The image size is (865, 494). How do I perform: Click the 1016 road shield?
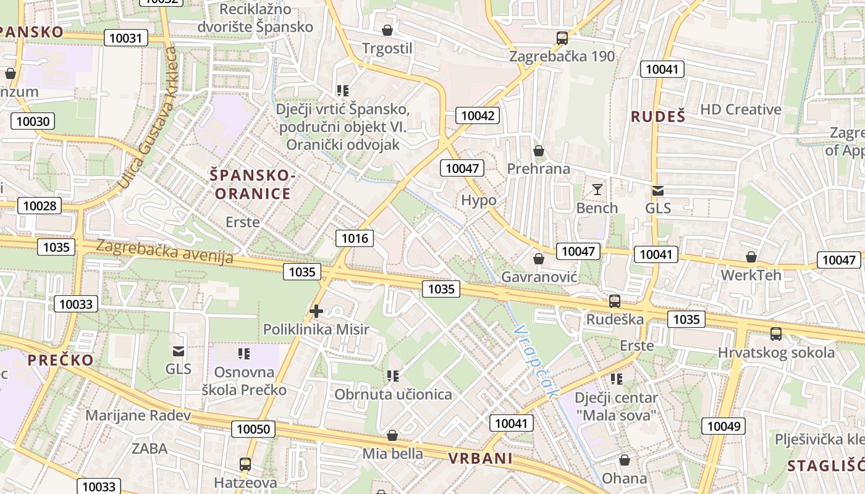[355, 238]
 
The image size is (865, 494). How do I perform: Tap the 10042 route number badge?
[478, 115]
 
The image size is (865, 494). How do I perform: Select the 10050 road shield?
[253, 429]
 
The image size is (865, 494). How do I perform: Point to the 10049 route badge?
[724, 425]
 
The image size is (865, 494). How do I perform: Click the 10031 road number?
[126, 38]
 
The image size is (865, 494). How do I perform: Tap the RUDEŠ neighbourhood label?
[658, 116]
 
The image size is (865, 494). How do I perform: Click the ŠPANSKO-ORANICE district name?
[250, 185]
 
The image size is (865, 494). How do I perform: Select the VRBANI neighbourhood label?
[481, 458]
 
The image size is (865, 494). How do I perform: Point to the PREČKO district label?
[61, 360]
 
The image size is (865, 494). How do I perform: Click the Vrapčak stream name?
[535, 361]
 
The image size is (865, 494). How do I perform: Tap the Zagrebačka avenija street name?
[164, 252]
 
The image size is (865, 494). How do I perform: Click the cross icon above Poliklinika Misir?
[316, 311]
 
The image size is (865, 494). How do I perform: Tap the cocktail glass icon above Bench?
[597, 190]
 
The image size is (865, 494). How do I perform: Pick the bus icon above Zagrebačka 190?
[562, 38]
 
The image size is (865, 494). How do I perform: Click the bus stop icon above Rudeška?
[614, 301]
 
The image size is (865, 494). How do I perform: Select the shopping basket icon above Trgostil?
[387, 30]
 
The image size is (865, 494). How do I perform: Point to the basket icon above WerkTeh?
[751, 257]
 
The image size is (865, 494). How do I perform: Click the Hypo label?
[479, 200]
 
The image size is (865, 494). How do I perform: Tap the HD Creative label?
[740, 110]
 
